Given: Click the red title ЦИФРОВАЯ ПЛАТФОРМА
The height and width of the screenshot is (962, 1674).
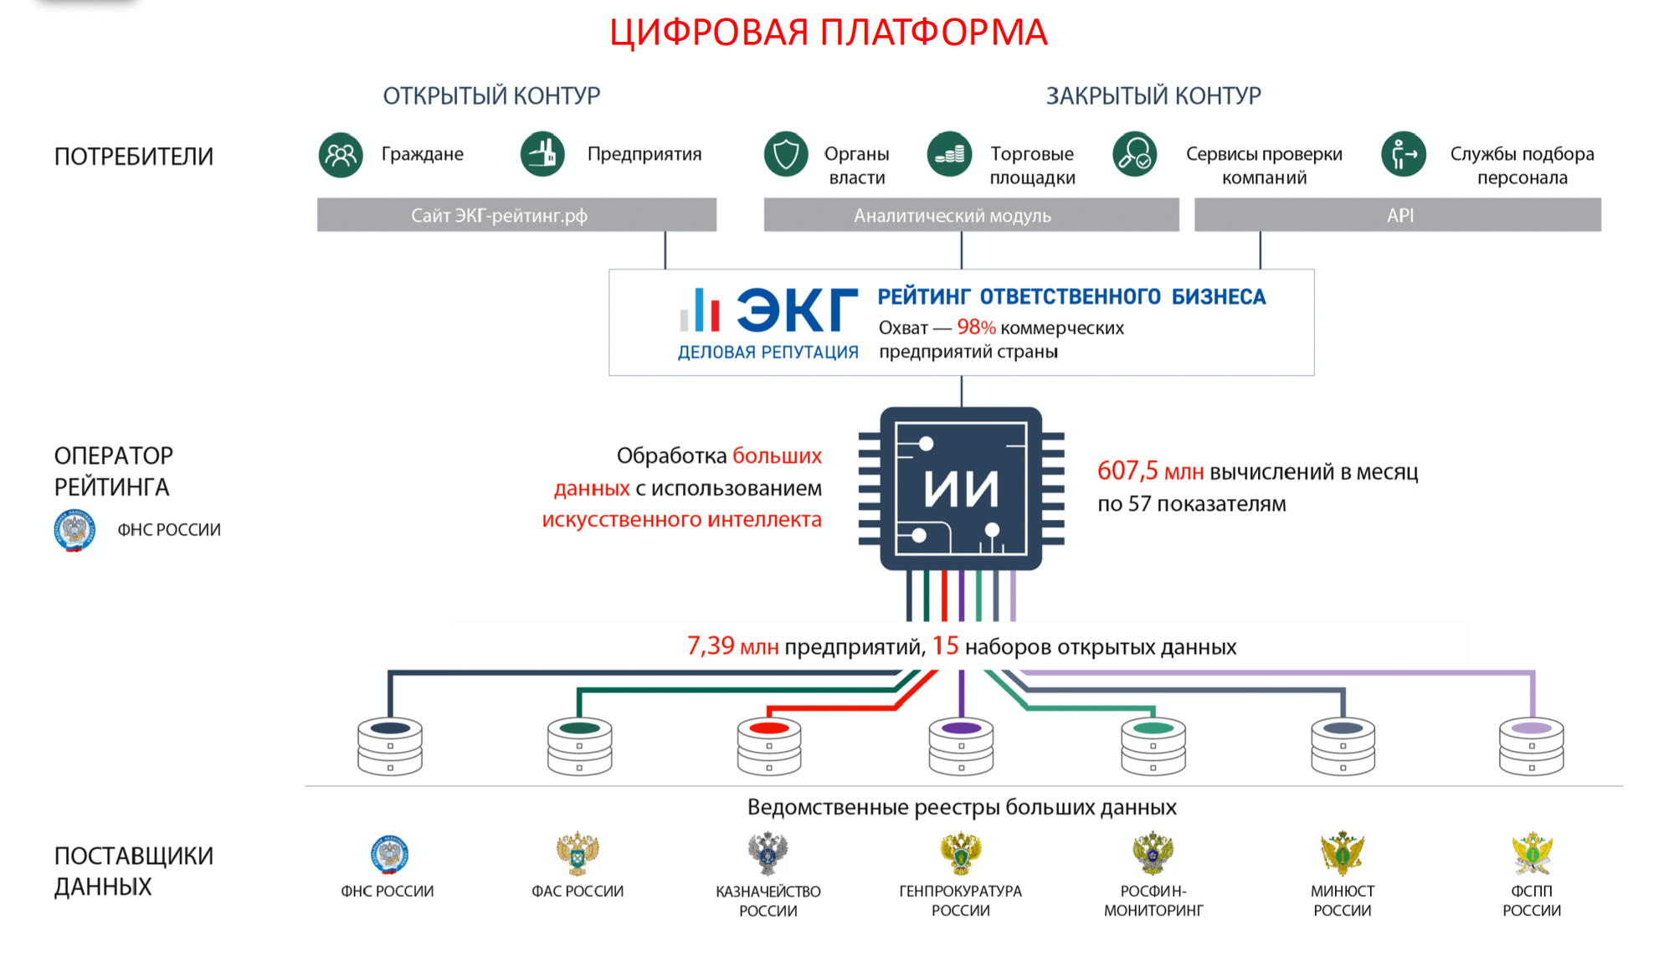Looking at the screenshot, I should [x=828, y=33].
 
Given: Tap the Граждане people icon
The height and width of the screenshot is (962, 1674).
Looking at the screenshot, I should [x=341, y=155].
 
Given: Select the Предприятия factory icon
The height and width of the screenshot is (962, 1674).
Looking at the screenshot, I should [x=542, y=154].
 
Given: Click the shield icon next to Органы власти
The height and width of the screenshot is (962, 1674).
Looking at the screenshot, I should [x=785, y=154].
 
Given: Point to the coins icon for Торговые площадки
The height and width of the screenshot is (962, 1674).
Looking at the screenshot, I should [x=949, y=154].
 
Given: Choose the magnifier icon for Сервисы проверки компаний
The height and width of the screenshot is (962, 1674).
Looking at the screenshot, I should [x=1134, y=154].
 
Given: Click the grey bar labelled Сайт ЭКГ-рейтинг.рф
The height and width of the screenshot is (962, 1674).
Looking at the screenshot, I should [x=516, y=215].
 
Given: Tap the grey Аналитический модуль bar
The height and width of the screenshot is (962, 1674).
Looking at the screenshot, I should [x=971, y=215].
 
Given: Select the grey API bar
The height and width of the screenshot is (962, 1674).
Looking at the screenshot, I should [x=1398, y=215].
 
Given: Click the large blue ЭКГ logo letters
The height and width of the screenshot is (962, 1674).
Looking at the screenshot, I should [x=797, y=311].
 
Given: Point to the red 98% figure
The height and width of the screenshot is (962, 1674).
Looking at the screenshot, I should [x=976, y=327].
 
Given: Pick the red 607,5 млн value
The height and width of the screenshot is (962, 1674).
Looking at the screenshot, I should [x=1150, y=471].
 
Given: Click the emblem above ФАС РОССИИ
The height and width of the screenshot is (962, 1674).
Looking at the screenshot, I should [x=578, y=853].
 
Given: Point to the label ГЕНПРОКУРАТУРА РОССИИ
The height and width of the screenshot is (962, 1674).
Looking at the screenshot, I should [x=961, y=901].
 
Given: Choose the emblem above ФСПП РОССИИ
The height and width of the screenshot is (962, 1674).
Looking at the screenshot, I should [x=1532, y=853].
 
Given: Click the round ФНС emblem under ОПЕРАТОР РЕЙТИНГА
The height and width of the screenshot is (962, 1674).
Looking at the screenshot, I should [x=74, y=530].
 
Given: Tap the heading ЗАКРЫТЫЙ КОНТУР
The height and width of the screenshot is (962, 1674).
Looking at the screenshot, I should [x=1153, y=96].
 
